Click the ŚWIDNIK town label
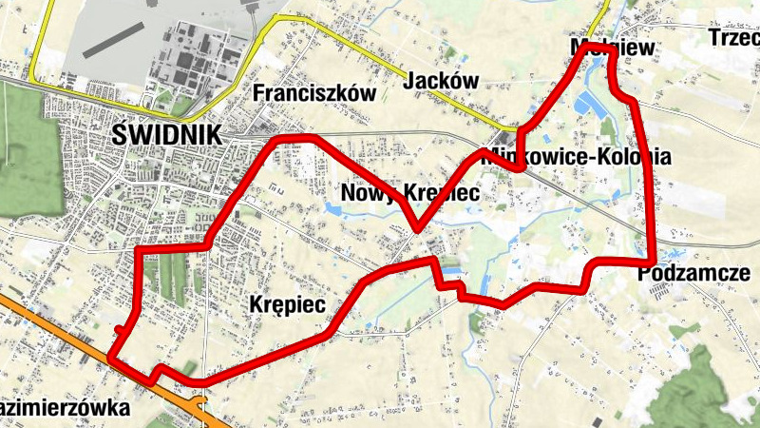166,134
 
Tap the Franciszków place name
314,93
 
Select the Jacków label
441,81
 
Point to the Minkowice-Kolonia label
577,157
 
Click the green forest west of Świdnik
24,143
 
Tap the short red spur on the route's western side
119,330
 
